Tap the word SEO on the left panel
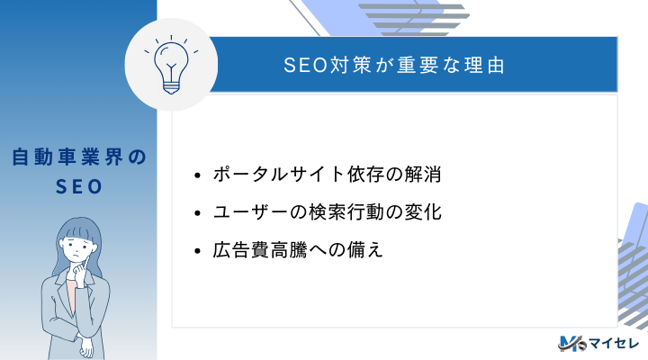[78, 186]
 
